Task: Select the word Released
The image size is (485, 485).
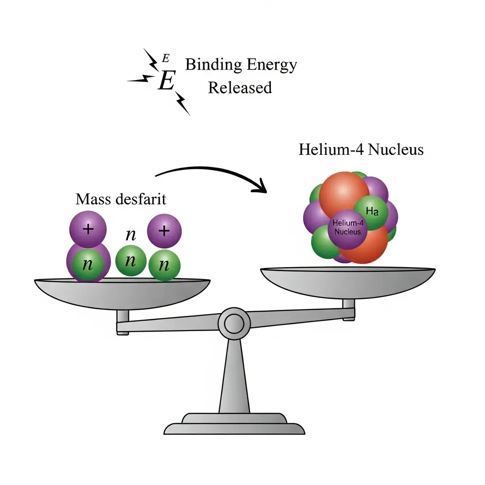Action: point(240,88)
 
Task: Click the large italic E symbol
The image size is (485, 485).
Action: point(166,81)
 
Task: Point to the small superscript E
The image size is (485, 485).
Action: point(165,58)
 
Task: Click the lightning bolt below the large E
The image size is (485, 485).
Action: point(182,103)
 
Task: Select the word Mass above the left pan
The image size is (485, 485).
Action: point(93,199)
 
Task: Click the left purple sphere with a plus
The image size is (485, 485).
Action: point(88,230)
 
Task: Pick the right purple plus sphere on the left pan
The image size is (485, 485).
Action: point(164,231)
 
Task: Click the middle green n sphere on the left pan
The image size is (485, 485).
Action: point(131,261)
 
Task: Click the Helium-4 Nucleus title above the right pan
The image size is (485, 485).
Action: point(361,150)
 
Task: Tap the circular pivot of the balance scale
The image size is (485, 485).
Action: point(234,323)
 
